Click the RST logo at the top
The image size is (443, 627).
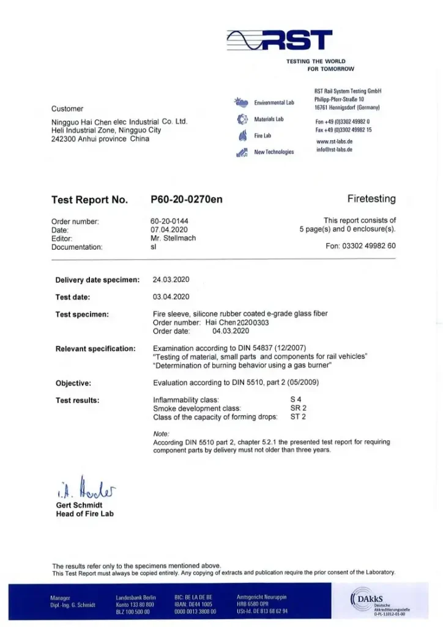point(280,41)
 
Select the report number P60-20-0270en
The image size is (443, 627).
point(186,200)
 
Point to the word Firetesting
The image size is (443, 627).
point(371,199)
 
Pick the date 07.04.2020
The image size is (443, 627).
point(168,230)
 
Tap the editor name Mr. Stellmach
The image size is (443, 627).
point(173,238)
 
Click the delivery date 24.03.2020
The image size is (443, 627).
point(171,279)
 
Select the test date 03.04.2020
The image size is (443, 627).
point(171,297)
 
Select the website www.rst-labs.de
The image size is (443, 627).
point(334,141)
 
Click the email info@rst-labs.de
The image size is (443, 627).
point(334,149)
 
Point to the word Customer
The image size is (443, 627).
point(67,109)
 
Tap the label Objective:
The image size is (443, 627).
point(73,383)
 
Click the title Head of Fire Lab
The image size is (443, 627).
point(84,514)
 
